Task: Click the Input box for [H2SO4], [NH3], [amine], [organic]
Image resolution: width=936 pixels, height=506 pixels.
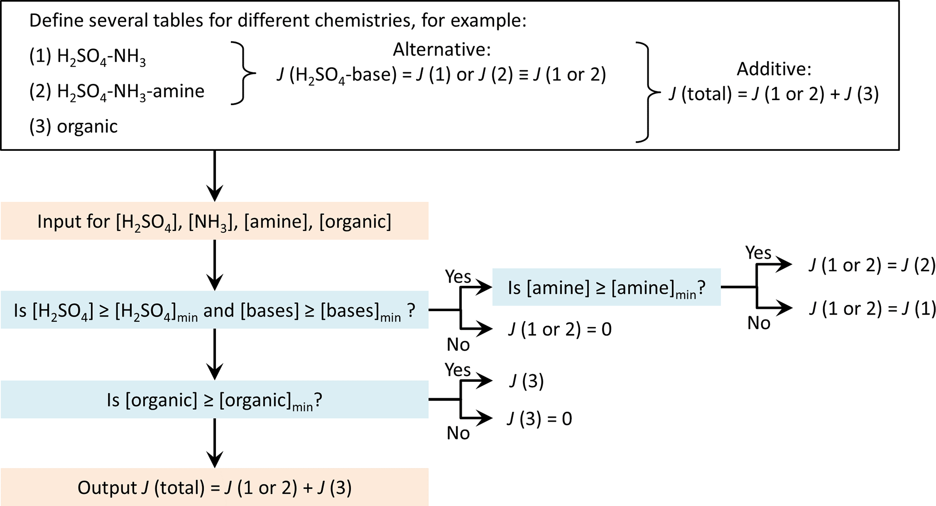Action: [214, 221]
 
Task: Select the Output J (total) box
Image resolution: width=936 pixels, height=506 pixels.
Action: [214, 487]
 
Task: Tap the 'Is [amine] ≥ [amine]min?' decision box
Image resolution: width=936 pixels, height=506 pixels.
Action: [606, 287]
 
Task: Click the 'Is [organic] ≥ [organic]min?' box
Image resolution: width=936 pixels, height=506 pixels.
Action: [214, 400]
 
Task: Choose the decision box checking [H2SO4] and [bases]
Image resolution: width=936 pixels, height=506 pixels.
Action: [214, 310]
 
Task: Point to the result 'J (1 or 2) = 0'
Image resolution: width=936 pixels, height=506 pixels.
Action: [560, 329]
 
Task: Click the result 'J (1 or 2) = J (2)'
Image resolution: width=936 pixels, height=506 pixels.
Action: [872, 265]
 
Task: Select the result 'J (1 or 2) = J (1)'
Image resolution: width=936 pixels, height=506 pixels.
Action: [872, 308]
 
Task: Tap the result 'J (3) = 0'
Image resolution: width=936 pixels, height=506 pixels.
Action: [539, 419]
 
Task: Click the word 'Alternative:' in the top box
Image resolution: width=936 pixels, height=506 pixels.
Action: [442, 49]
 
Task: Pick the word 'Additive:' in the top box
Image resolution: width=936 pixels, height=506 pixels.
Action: [774, 69]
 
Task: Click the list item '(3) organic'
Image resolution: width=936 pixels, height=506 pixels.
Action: [73, 126]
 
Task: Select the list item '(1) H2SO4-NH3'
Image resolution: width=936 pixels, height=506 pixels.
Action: [87, 58]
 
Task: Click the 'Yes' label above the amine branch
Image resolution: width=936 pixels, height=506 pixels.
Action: [758, 252]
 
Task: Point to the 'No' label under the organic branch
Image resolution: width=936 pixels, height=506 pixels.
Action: [458, 434]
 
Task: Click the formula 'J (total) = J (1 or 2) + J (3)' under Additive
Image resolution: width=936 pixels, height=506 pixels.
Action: [774, 94]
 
